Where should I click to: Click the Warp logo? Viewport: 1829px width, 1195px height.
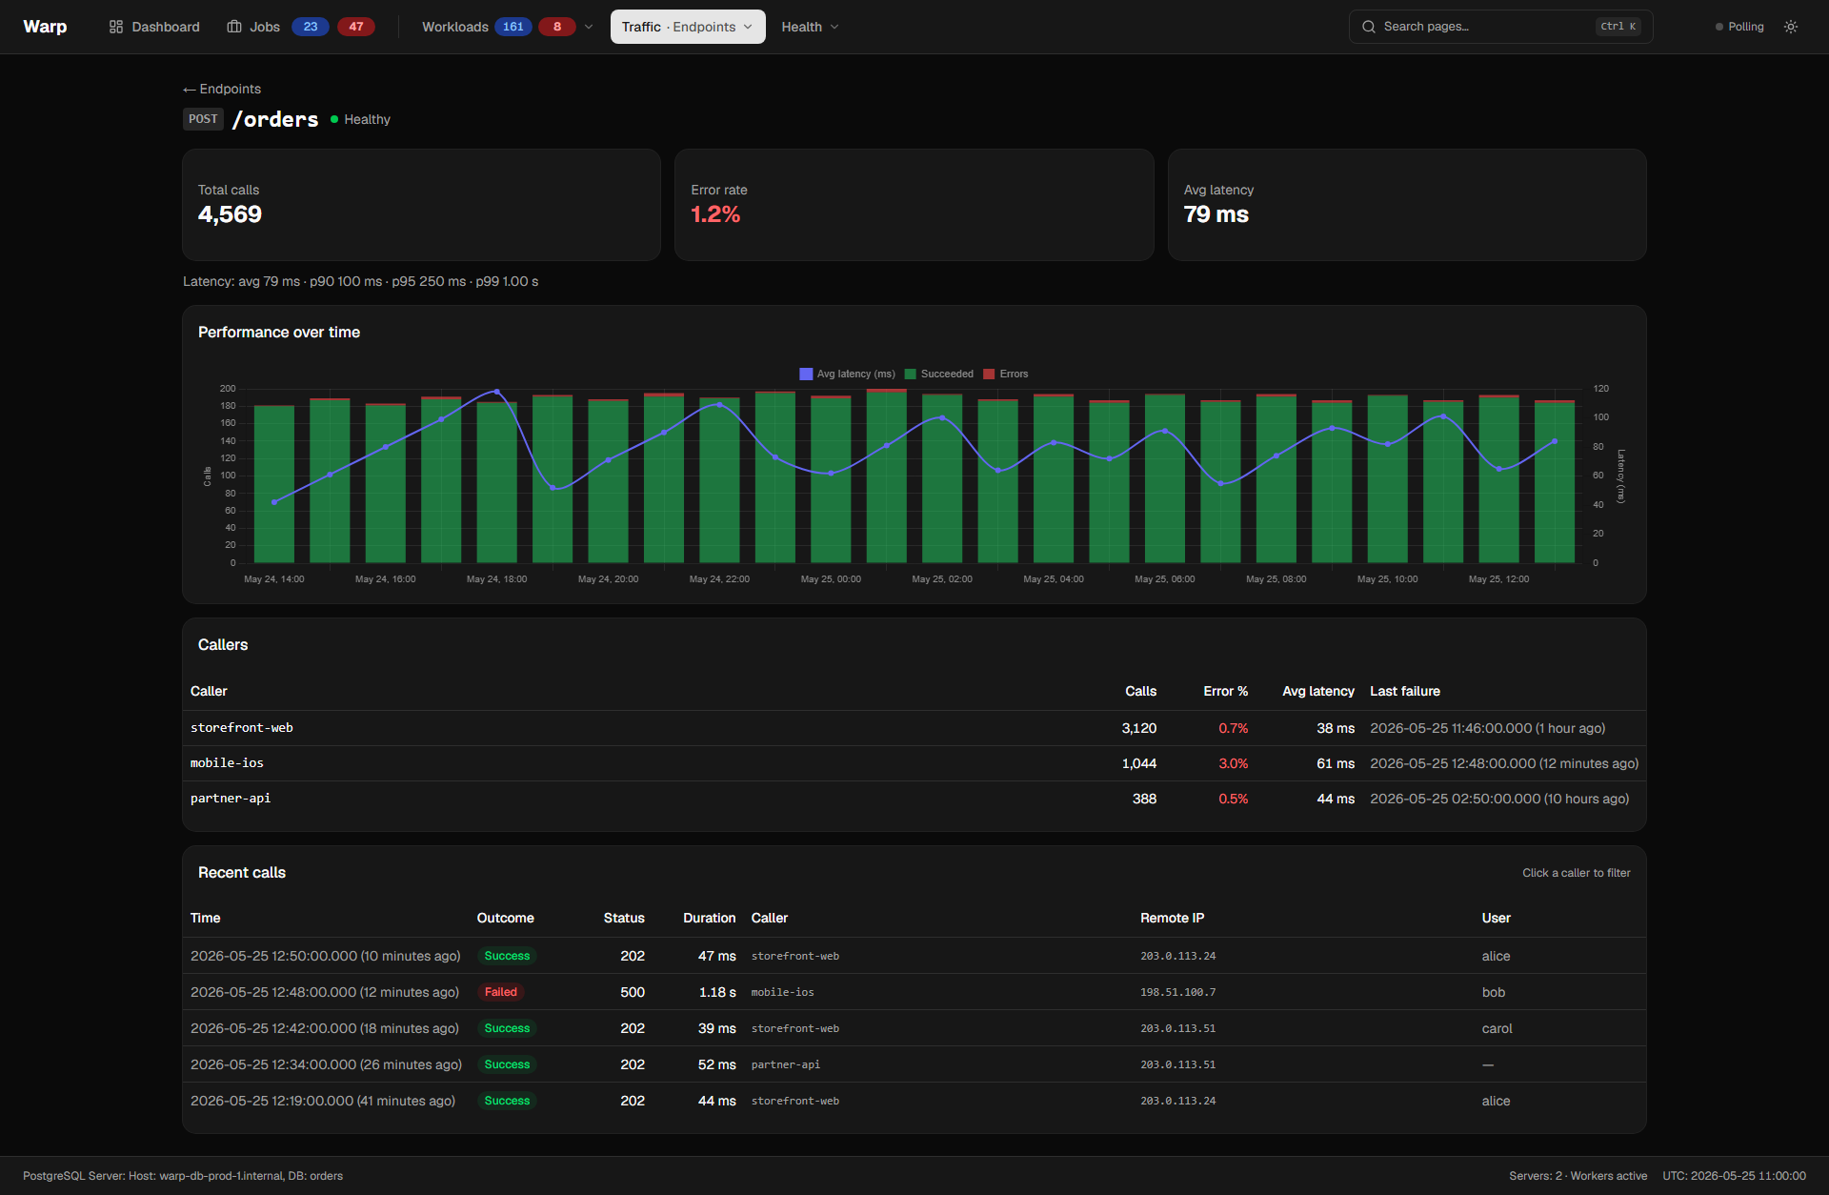[45, 27]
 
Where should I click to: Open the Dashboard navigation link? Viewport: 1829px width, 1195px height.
[154, 27]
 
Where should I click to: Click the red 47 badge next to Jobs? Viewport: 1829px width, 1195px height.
[356, 27]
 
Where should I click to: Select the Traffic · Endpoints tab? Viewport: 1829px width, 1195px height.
[688, 27]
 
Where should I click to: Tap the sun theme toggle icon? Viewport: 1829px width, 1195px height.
[1791, 27]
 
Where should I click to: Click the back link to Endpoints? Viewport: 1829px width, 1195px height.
[222, 89]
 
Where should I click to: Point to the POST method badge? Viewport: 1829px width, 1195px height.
[203, 119]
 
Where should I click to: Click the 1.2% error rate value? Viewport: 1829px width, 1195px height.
[715, 214]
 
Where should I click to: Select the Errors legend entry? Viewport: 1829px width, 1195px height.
[1006, 374]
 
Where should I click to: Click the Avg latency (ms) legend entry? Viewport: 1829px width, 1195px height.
[848, 374]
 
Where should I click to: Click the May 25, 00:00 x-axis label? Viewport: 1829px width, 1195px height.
[831, 578]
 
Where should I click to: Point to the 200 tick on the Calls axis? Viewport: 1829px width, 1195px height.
[228, 389]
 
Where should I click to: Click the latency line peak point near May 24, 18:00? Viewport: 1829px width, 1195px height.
[496, 392]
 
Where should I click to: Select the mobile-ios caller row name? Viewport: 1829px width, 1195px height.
[227, 763]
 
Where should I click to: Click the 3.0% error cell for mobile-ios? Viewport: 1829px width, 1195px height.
[1233, 763]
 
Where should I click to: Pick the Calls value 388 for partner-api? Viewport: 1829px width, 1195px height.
[1144, 799]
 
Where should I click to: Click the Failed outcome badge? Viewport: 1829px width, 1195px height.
[501, 992]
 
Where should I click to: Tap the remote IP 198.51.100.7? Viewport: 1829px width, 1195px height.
[1177, 992]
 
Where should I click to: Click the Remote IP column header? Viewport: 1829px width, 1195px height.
[1172, 918]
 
